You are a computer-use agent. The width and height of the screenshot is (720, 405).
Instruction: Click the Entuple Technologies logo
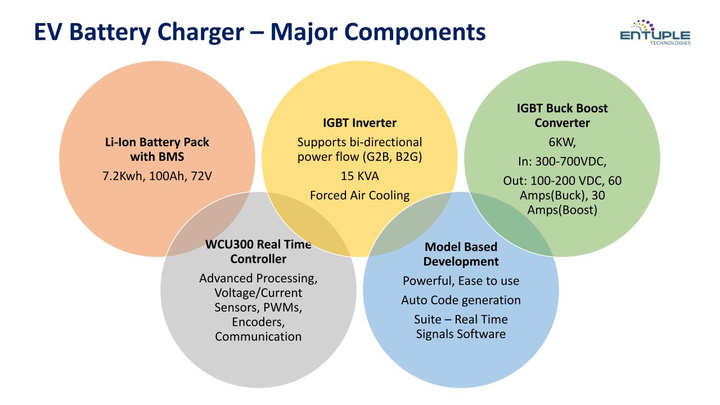[x=655, y=32]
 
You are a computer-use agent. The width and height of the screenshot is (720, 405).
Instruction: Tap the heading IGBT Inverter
[x=359, y=123]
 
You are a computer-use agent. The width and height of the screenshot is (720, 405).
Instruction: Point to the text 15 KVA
[x=359, y=176]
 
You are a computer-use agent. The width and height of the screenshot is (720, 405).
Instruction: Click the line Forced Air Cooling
[x=359, y=195]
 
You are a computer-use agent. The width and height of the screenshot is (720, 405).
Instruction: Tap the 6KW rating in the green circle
[x=562, y=142]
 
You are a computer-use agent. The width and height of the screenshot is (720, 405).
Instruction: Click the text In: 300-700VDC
[x=562, y=161]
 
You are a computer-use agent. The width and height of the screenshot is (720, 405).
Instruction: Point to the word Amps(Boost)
[x=562, y=210]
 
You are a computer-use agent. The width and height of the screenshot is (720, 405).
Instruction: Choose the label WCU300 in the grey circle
[x=229, y=244]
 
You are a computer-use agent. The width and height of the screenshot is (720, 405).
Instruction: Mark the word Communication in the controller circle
[x=258, y=336]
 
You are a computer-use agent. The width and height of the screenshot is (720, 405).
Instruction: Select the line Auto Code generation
[x=461, y=300]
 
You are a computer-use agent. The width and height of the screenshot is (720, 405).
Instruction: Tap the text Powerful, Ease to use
[x=461, y=281]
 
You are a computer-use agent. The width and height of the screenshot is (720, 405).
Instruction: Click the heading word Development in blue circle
[x=461, y=262]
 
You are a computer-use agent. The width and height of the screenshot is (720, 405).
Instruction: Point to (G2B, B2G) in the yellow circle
[x=392, y=157]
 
